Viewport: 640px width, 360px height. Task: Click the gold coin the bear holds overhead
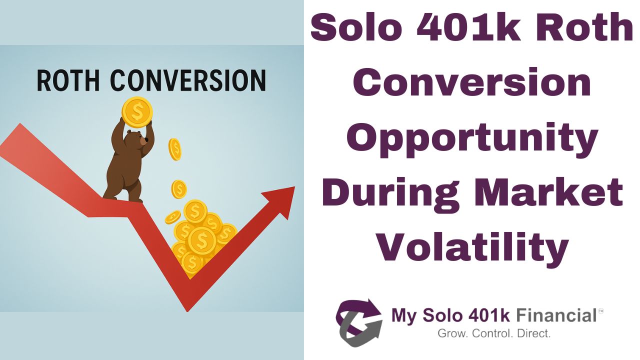click(136, 111)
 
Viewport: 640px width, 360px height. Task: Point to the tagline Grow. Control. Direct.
click(493, 333)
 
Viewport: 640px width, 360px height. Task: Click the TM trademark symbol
click(601, 311)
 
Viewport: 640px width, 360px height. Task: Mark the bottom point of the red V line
click(187, 308)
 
